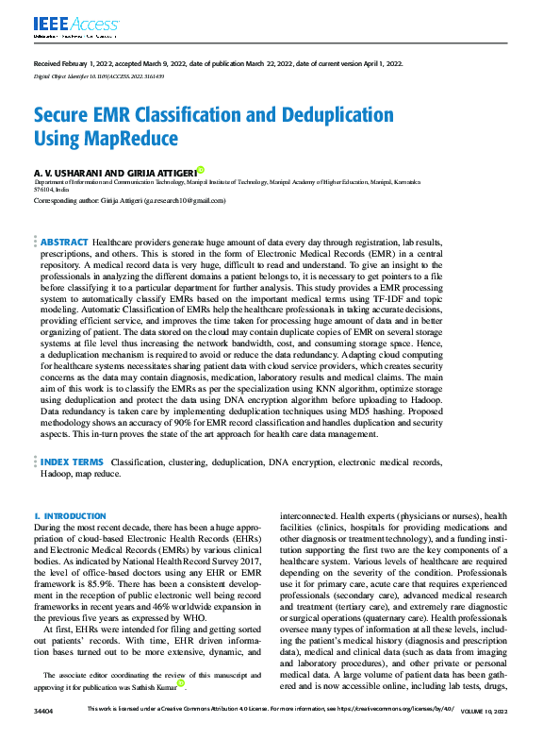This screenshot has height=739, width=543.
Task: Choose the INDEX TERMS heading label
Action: point(73,462)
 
